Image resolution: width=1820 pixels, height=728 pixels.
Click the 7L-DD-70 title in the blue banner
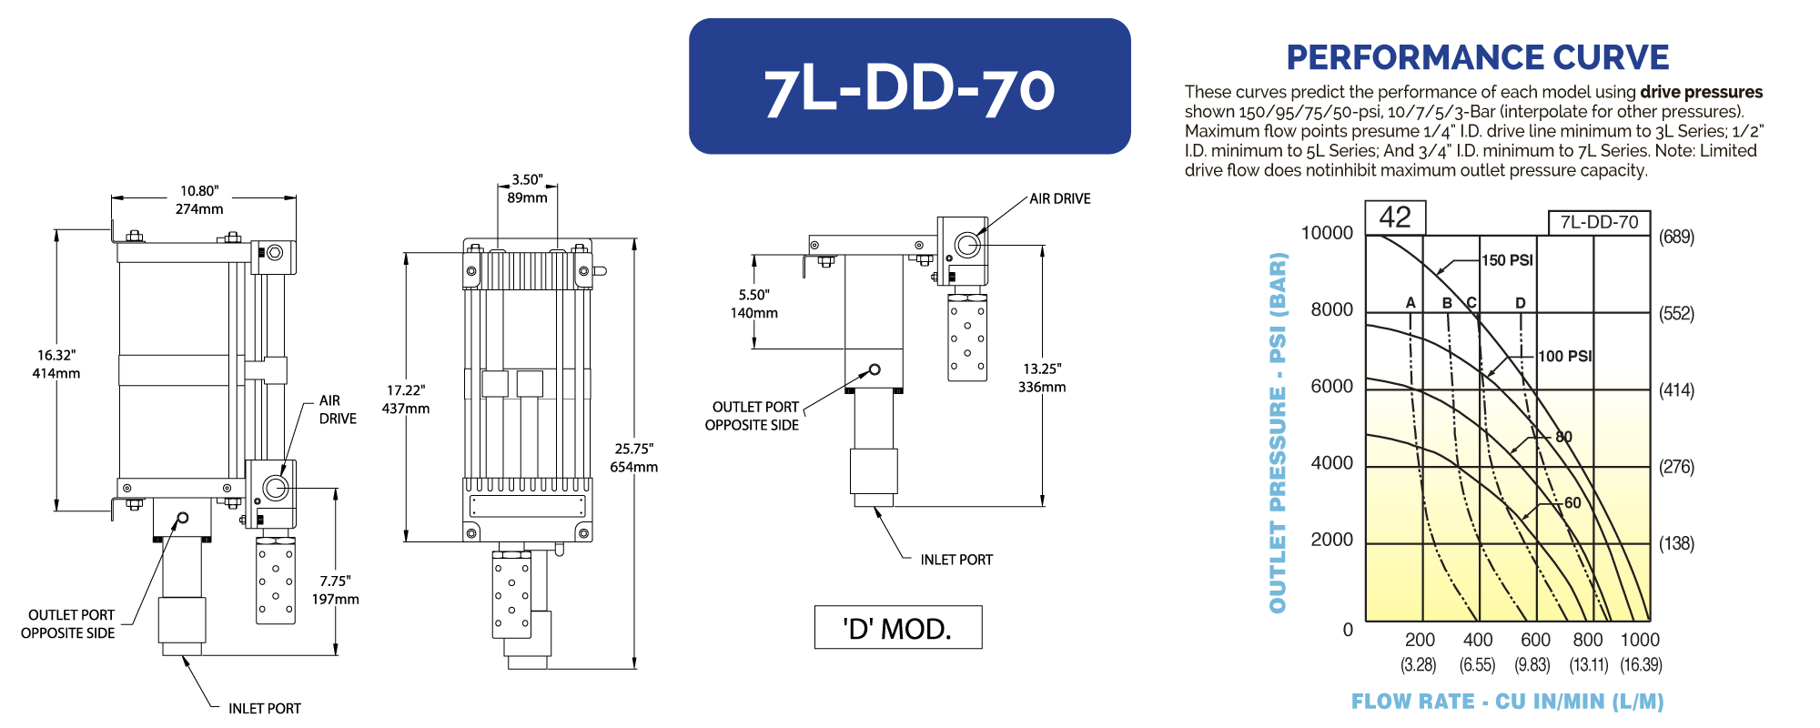coord(909,89)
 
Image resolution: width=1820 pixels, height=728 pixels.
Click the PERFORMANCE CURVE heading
coord(1477,57)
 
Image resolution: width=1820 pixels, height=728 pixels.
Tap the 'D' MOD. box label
coord(897,628)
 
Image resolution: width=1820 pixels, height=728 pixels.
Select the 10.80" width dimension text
coord(199,191)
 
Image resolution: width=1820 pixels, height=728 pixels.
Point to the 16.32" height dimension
coord(56,356)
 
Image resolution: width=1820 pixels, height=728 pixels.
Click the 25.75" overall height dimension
coord(633,449)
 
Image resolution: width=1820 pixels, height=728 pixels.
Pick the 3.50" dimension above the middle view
coord(527,180)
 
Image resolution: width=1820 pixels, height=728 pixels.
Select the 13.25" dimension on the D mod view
coord(1042,369)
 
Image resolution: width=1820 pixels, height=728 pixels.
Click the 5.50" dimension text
coord(753,295)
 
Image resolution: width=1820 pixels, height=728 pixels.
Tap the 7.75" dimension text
coord(335,581)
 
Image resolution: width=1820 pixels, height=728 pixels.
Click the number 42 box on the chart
coord(1395,217)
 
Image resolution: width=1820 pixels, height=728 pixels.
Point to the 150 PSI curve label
coord(1507,260)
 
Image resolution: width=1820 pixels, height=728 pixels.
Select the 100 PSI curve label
coord(1564,357)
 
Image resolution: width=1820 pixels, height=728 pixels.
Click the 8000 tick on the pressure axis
coord(1331,310)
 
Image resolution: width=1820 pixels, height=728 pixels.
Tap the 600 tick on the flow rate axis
coord(1535,640)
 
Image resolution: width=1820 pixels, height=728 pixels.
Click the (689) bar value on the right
coord(1676,238)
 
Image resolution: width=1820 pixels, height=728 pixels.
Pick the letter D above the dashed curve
coord(1520,303)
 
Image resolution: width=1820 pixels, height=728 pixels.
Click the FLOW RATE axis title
coord(1507,702)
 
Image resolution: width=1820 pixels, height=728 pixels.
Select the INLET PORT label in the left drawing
coord(264,708)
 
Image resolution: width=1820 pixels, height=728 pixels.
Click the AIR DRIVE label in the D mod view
coord(1059,198)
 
